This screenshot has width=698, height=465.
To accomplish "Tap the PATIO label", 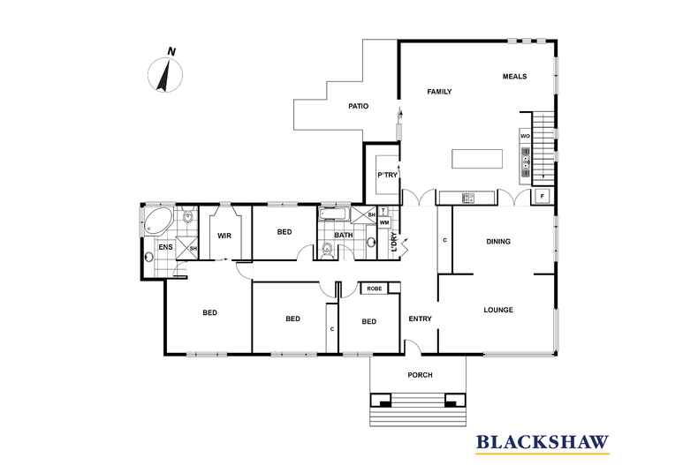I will (x=358, y=107).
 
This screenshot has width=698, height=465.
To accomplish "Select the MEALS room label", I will (x=514, y=77).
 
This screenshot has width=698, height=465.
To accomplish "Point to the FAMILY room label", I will (x=439, y=92).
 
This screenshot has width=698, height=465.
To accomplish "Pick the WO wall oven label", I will (x=525, y=137).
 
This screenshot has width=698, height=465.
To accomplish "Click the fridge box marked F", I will (x=541, y=196).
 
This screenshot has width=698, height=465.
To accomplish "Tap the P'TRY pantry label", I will (x=387, y=175).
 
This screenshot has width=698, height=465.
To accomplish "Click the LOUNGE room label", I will (x=498, y=310).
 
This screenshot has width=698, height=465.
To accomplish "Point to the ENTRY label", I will (x=420, y=319).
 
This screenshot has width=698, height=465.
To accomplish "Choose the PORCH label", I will (x=420, y=375).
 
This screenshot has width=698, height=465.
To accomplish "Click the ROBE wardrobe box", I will (x=375, y=288).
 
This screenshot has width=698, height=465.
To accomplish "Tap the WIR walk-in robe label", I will (x=224, y=236).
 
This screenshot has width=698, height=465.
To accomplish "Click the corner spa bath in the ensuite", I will (x=159, y=220).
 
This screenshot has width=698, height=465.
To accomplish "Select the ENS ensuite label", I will (x=165, y=249).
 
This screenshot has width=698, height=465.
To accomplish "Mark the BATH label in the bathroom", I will (x=344, y=235).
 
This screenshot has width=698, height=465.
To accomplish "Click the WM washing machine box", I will (x=384, y=223).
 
